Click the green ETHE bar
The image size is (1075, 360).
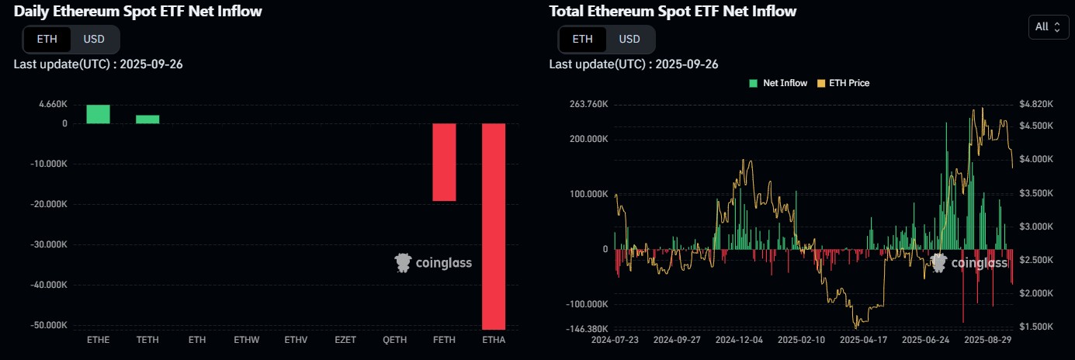pos(98,114)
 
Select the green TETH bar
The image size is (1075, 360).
pos(147,119)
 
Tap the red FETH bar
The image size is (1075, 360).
pos(444,162)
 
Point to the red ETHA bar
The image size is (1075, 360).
pos(494,226)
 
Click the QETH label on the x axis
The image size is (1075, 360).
pos(394,340)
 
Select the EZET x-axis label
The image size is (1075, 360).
pos(345,340)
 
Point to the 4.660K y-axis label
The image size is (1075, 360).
pos(53,103)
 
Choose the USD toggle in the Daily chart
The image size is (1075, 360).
pos(94,39)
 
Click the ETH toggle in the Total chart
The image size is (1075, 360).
pos(582,39)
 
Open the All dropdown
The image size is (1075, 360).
pos(1048,27)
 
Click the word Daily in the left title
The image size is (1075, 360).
pos(35,11)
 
